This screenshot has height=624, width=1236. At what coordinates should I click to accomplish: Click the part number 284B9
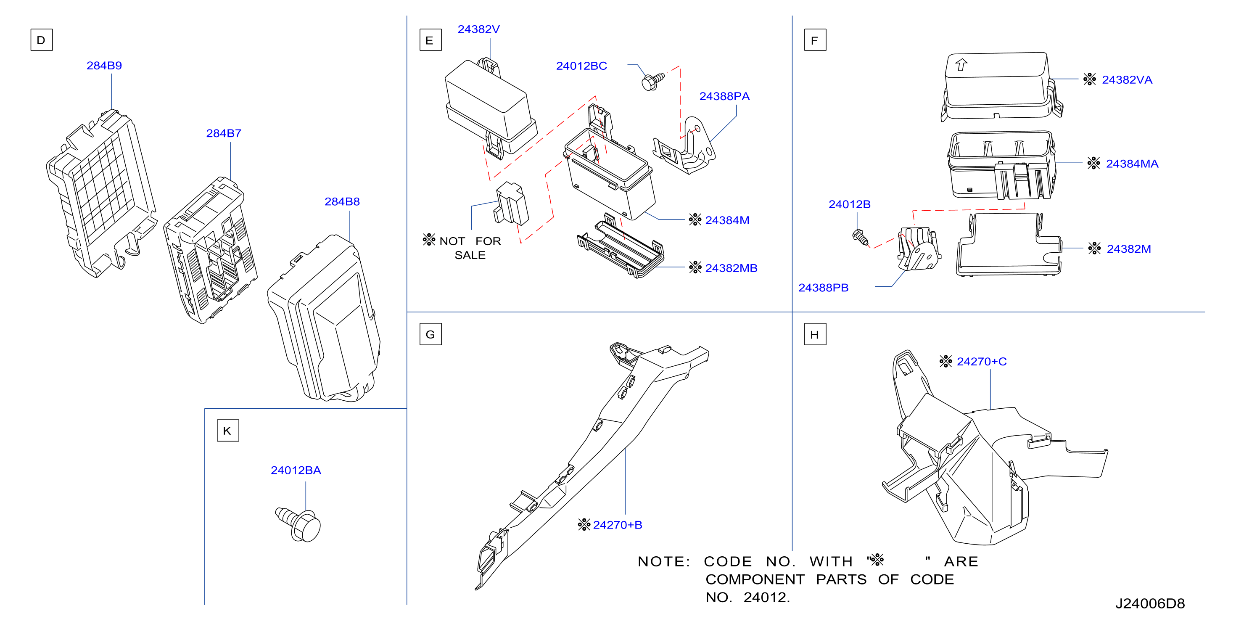[x=104, y=65]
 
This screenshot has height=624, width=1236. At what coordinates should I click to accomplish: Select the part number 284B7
[x=224, y=133]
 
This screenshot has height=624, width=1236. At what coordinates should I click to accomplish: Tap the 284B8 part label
[x=342, y=201]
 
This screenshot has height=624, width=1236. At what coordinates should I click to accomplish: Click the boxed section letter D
[x=41, y=40]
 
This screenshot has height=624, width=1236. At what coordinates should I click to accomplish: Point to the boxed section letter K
[x=227, y=431]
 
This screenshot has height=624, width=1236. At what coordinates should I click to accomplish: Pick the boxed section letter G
[x=430, y=334]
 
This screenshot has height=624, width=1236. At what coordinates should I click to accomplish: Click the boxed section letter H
[x=815, y=334]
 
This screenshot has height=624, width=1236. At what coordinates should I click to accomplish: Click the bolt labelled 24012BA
[x=298, y=525]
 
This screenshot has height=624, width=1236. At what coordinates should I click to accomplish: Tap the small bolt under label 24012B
[x=860, y=236]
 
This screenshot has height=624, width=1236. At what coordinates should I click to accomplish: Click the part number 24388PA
[x=724, y=96]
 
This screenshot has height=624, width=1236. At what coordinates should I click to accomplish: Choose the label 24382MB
[x=731, y=268]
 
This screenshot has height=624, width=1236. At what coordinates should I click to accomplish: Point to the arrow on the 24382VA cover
[x=961, y=64]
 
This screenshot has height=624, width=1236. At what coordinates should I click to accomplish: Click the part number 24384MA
[x=1132, y=164]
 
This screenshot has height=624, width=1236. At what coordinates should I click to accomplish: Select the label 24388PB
[x=823, y=288]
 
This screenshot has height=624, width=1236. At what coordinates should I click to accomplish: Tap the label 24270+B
[x=618, y=525]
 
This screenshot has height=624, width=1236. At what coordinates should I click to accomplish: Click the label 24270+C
[x=982, y=362]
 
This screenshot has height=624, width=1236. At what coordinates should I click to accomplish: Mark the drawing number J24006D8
[x=1150, y=603]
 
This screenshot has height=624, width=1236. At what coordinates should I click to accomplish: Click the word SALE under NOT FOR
[x=470, y=255]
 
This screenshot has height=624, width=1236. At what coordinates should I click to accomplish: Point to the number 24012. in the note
[x=766, y=597]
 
